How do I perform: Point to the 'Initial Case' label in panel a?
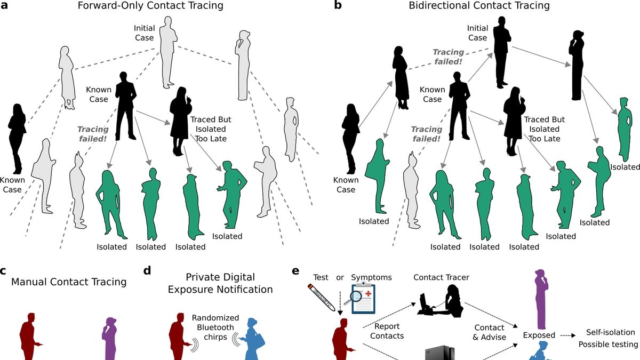(144, 33)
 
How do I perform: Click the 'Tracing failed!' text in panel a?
(93, 134)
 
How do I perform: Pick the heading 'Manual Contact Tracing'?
(69, 282)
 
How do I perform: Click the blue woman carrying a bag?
(249, 338)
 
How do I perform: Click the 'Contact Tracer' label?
(441, 277)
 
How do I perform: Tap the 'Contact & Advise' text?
(489, 332)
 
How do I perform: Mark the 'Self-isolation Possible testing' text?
(608, 338)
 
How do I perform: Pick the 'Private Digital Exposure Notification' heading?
(221, 283)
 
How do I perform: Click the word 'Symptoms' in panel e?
(371, 277)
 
